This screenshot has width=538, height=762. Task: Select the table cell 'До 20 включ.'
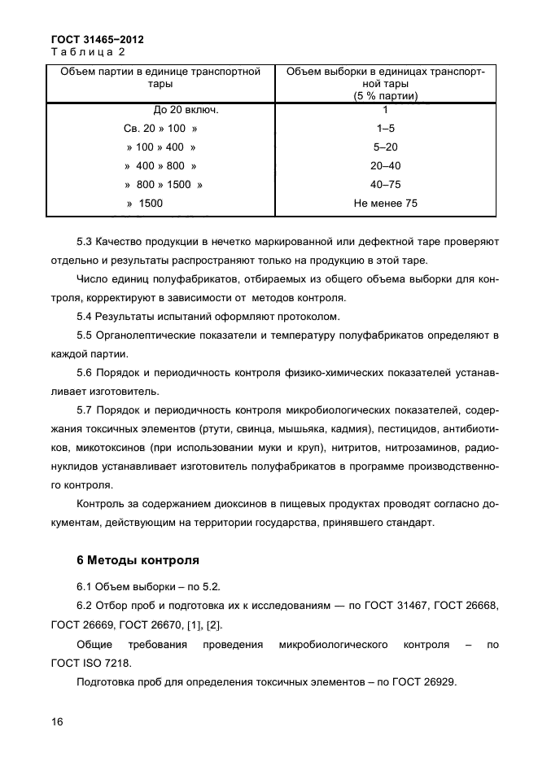186,110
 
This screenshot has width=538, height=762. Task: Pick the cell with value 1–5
385,129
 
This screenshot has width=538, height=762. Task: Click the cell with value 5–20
385,147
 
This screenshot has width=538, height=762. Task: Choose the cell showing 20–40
385,166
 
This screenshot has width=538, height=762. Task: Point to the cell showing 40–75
385,185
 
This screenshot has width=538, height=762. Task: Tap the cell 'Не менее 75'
385,204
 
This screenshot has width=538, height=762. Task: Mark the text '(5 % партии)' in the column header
385,96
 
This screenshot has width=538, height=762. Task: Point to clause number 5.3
84,242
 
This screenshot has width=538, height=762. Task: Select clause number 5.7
84,410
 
